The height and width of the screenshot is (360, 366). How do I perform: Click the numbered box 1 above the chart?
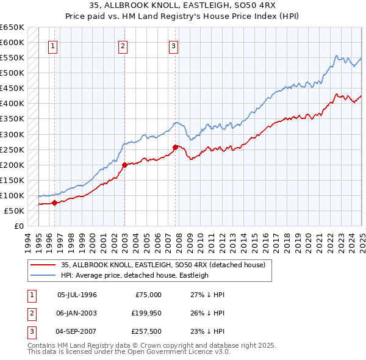point(52,46)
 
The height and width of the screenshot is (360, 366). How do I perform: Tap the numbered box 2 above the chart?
point(123,46)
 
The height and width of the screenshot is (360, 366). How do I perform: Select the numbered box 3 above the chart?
point(174,46)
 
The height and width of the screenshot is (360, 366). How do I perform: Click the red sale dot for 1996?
point(54,203)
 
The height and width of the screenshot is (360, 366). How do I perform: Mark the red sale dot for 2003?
point(124,165)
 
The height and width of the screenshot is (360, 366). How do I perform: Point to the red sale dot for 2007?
point(175,147)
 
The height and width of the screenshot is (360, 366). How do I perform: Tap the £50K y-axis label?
point(14,211)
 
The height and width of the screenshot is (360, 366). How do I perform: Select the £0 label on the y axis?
point(18,226)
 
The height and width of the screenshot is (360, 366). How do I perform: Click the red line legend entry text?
point(163,265)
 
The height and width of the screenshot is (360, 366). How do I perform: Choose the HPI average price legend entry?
point(134,275)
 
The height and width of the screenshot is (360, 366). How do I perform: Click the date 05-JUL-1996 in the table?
point(77,295)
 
